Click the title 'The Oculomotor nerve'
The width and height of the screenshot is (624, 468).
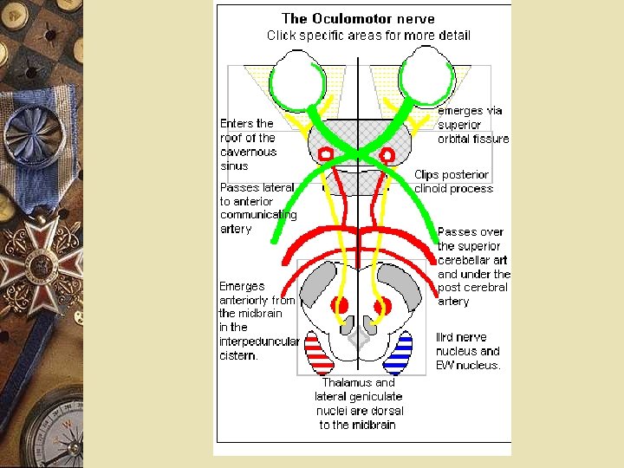pos(359,18)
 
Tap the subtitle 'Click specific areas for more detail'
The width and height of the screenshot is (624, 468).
pos(368,36)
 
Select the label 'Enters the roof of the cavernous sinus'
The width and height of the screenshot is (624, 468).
pos(248,144)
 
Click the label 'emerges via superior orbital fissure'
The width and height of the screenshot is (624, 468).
pos(473,125)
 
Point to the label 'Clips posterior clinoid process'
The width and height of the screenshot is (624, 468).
pos(453,181)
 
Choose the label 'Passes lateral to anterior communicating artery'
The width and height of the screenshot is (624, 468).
pos(257,208)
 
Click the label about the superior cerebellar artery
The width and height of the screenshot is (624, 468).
pos(473,266)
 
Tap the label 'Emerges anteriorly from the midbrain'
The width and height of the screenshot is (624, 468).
pos(258,320)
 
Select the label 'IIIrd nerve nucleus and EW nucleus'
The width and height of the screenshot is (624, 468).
pos(468,351)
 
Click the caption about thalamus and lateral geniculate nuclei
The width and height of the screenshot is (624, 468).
pos(358,403)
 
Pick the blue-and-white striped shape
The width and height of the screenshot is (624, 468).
pos(397,352)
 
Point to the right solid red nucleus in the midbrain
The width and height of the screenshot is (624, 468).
pos(380,305)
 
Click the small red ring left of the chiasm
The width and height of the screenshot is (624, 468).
pos(327,154)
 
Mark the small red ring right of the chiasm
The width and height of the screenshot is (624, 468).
pos(387,155)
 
